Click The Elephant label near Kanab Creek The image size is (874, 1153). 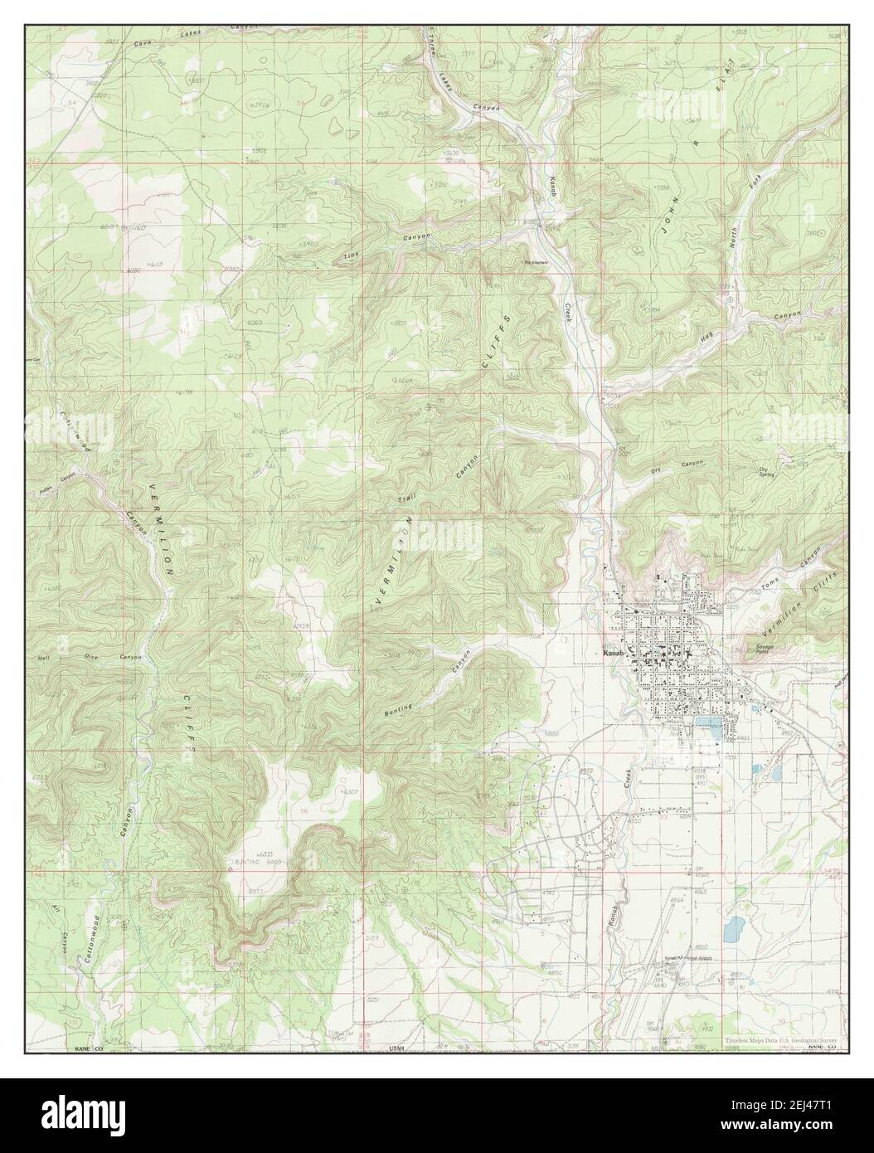[534, 264]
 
